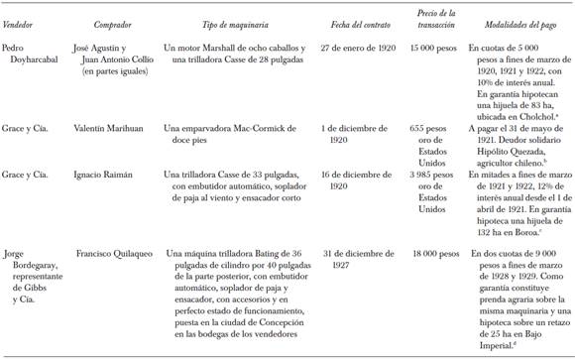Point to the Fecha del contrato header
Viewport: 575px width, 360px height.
367,22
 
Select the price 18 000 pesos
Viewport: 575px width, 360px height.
439,254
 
